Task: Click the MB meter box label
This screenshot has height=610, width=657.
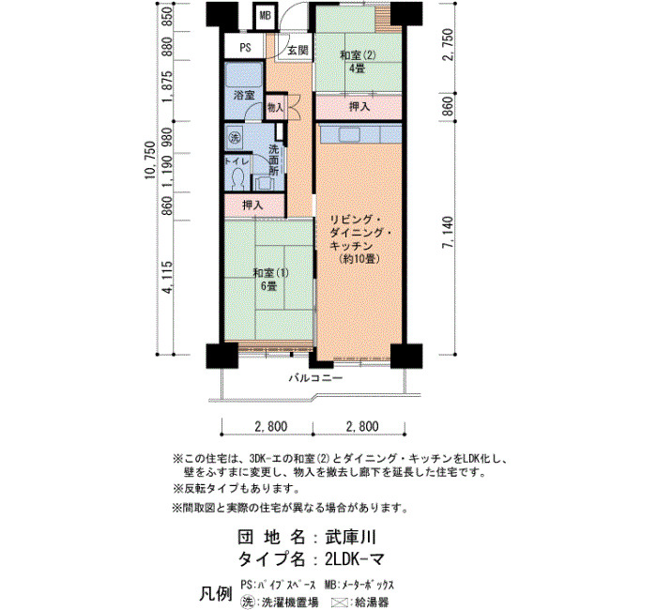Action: click(x=266, y=16)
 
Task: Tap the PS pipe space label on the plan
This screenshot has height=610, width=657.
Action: click(x=246, y=48)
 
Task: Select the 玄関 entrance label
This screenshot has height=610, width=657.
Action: click(x=298, y=51)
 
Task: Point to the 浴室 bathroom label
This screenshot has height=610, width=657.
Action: click(x=244, y=95)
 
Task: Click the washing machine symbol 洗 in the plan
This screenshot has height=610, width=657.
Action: click(x=235, y=137)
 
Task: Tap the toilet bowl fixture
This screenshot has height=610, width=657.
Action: click(x=238, y=178)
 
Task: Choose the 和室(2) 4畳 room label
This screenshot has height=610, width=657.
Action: click(x=358, y=62)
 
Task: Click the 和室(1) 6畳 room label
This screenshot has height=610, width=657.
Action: click(x=270, y=280)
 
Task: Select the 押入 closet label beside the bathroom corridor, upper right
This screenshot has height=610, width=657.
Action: click(x=359, y=107)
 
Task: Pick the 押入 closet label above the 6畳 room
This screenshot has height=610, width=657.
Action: click(x=253, y=206)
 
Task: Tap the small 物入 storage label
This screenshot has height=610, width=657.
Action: click(x=275, y=108)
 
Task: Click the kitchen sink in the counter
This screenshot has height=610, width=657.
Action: click(x=349, y=135)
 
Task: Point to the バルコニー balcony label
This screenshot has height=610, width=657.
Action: click(x=316, y=379)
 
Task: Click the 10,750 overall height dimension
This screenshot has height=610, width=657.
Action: click(x=150, y=160)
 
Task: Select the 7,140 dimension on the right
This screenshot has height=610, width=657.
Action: click(x=448, y=233)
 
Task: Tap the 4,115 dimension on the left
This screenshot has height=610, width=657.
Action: click(x=168, y=277)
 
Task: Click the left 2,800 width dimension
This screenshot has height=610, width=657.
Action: click(x=271, y=427)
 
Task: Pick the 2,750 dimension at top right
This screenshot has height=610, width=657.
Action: click(x=448, y=45)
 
